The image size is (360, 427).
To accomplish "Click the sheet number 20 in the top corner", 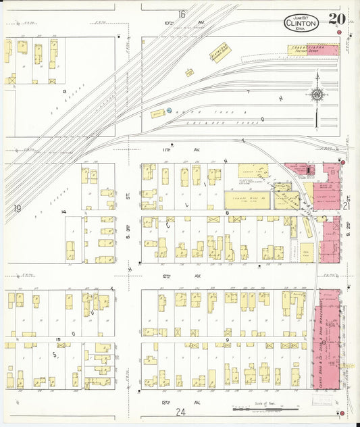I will pos(334,20).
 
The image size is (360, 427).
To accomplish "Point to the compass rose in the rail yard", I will pos(316,95).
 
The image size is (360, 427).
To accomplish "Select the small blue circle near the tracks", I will pos(170,110).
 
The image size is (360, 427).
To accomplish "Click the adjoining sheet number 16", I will pos(182,14).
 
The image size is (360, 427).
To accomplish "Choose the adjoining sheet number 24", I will pos(180,411).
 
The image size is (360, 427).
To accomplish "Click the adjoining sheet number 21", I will pos(346,206).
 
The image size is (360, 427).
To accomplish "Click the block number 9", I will pos(228,339).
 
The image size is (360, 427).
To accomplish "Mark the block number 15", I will pos(59,339).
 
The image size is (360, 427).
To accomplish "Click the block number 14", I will pos(64,212).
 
